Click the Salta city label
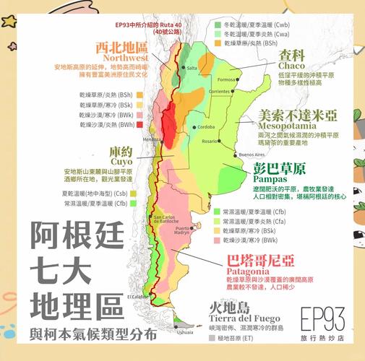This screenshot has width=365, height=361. click(192, 69)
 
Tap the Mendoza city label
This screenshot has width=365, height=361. click(153, 139)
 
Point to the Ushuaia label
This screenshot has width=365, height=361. click(186, 332)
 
